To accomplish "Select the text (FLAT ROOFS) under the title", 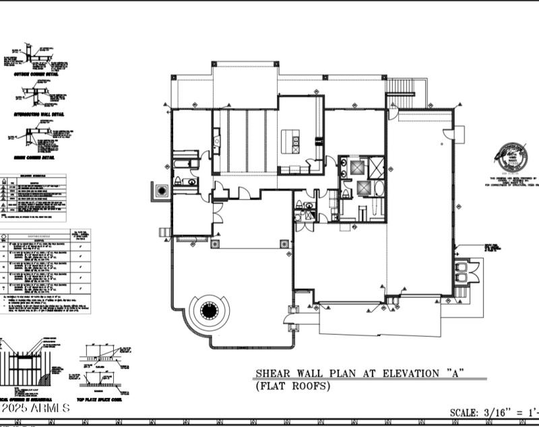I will click(x=292, y=386).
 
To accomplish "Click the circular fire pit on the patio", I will click(x=209, y=312).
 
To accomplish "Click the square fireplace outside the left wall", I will click(x=161, y=191).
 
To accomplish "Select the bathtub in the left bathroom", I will click(x=183, y=164).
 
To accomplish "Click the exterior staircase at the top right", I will click(x=408, y=91).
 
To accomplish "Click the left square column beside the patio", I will click(x=216, y=243).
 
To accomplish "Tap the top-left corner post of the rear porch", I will click(x=214, y=63).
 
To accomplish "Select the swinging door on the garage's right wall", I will click(x=448, y=133).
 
